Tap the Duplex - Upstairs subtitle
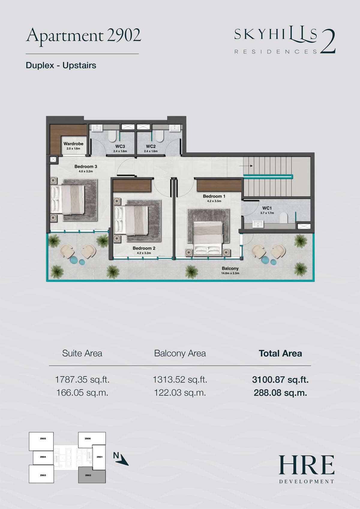click(61, 65)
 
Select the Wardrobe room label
click(73, 144)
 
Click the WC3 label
click(120, 146)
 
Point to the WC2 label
click(151, 146)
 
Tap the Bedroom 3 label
click(86, 166)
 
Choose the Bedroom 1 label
click(214, 196)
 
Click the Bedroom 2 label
click(144, 248)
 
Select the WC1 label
click(267, 208)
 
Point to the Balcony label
click(230, 268)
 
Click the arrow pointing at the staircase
click(246, 166)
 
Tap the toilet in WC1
click(283, 217)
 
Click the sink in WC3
click(97, 128)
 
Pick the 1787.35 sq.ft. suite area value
click(82, 379)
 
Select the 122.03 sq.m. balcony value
click(180, 393)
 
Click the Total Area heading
click(280, 353)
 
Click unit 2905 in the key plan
click(41, 441)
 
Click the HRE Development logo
click(307, 469)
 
